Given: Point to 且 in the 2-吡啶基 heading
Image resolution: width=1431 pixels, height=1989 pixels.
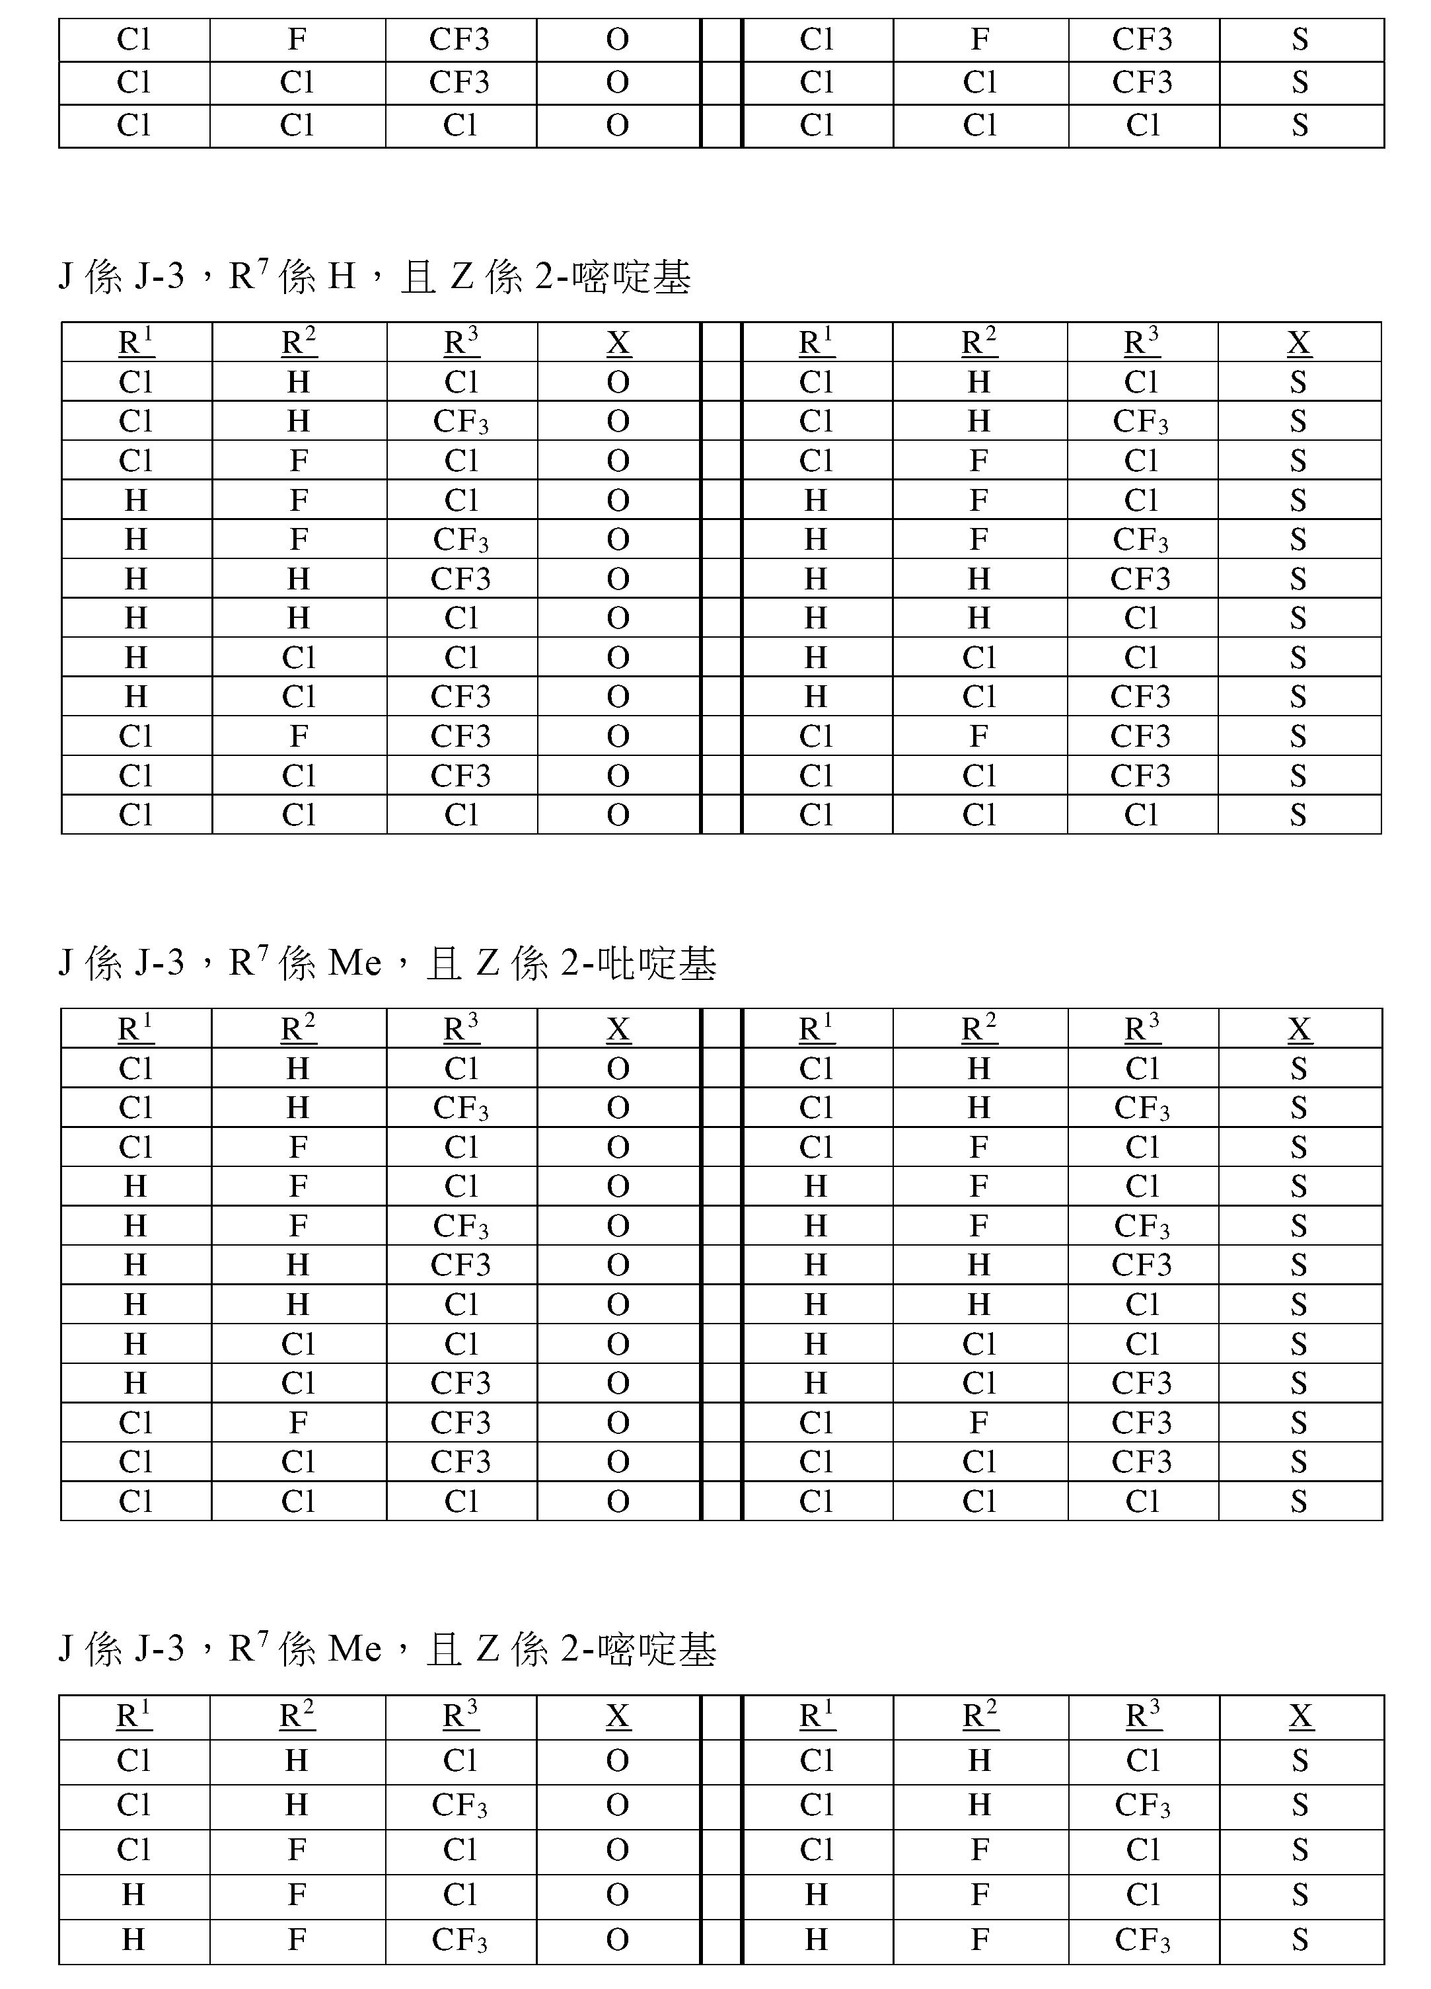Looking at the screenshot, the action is click(444, 964).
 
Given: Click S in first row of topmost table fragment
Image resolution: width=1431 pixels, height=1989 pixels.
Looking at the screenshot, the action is click(1300, 40).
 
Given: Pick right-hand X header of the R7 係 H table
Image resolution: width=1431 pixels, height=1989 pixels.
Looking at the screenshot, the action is click(1299, 342).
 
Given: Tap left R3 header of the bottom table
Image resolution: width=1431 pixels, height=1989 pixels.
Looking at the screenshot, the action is click(460, 1715).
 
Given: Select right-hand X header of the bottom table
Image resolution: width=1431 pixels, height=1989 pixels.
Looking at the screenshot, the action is click(1300, 1715).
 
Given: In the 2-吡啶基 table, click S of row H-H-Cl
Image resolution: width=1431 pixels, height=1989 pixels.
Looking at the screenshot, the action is click(1299, 1304).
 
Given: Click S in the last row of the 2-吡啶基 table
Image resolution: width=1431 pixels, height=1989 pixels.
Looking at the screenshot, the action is click(1299, 1501).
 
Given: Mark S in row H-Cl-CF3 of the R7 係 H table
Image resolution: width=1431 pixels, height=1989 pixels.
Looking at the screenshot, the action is click(1299, 696).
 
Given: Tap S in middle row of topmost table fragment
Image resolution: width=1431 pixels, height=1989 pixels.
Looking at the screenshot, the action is click(1300, 83).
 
